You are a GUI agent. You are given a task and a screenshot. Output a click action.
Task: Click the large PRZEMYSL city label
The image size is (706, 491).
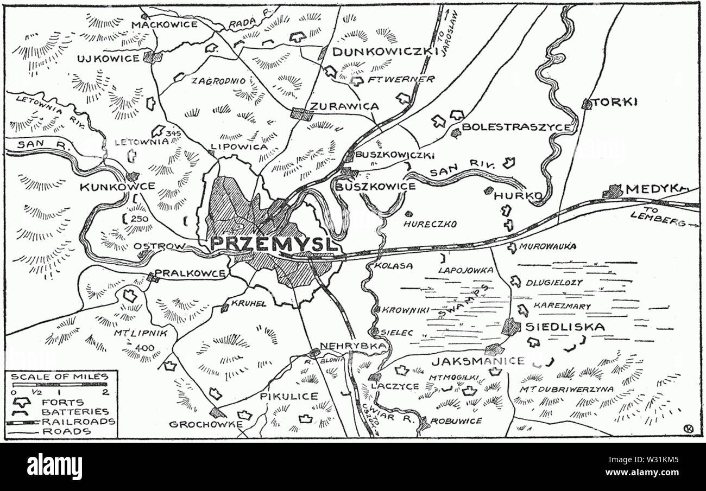click(274, 244)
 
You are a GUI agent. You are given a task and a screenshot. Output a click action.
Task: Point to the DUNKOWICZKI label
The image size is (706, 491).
click(384, 52)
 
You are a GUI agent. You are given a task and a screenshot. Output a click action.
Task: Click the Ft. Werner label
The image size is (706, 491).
click(400, 79)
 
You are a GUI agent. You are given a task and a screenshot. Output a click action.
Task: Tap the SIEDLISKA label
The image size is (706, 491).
click(565, 327)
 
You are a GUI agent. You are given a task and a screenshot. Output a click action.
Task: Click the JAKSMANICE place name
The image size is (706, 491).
click(478, 361)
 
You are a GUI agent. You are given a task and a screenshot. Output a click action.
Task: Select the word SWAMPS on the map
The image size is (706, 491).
click(459, 302)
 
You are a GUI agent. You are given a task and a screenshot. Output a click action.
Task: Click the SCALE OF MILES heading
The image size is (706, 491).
click(60, 377)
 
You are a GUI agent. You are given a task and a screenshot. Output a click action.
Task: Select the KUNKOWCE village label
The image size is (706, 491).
click(117, 187)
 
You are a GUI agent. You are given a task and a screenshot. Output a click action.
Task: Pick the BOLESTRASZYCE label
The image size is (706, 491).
click(515, 127)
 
